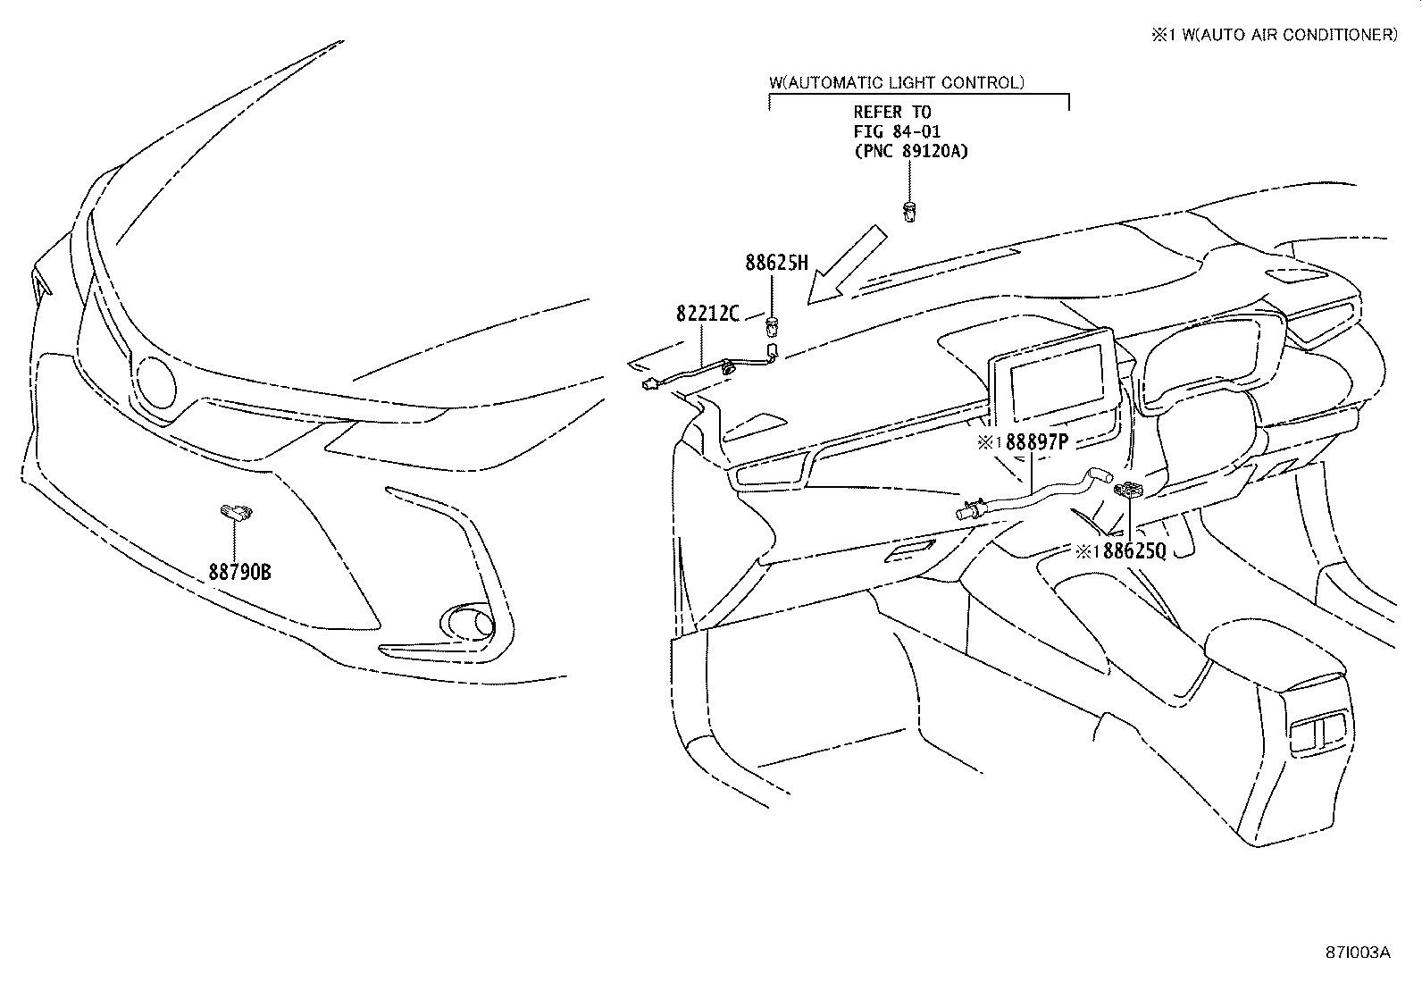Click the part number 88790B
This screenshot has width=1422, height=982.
pyautogui.click(x=239, y=571)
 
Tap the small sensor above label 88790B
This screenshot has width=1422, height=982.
pyautogui.click(x=237, y=511)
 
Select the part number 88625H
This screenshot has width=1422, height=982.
pyautogui.click(x=776, y=263)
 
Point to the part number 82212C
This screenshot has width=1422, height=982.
pyautogui.click(x=708, y=314)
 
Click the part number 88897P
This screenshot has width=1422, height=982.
pyautogui.click(x=1033, y=442)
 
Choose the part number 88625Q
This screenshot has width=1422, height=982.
pyautogui.click(x=1133, y=551)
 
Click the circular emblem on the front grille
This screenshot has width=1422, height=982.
pyautogui.click(x=156, y=382)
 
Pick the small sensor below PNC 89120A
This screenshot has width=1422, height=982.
pyautogui.click(x=909, y=213)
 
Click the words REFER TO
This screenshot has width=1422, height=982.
pyautogui.click(x=891, y=112)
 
